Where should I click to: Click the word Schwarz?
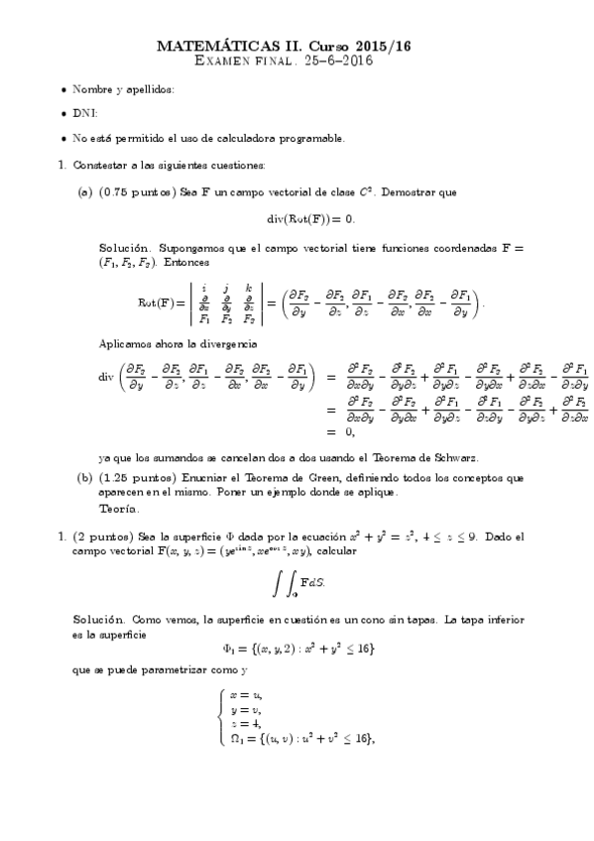click(457, 458)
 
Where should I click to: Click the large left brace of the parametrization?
click(220, 716)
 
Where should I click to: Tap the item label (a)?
click(84, 191)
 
